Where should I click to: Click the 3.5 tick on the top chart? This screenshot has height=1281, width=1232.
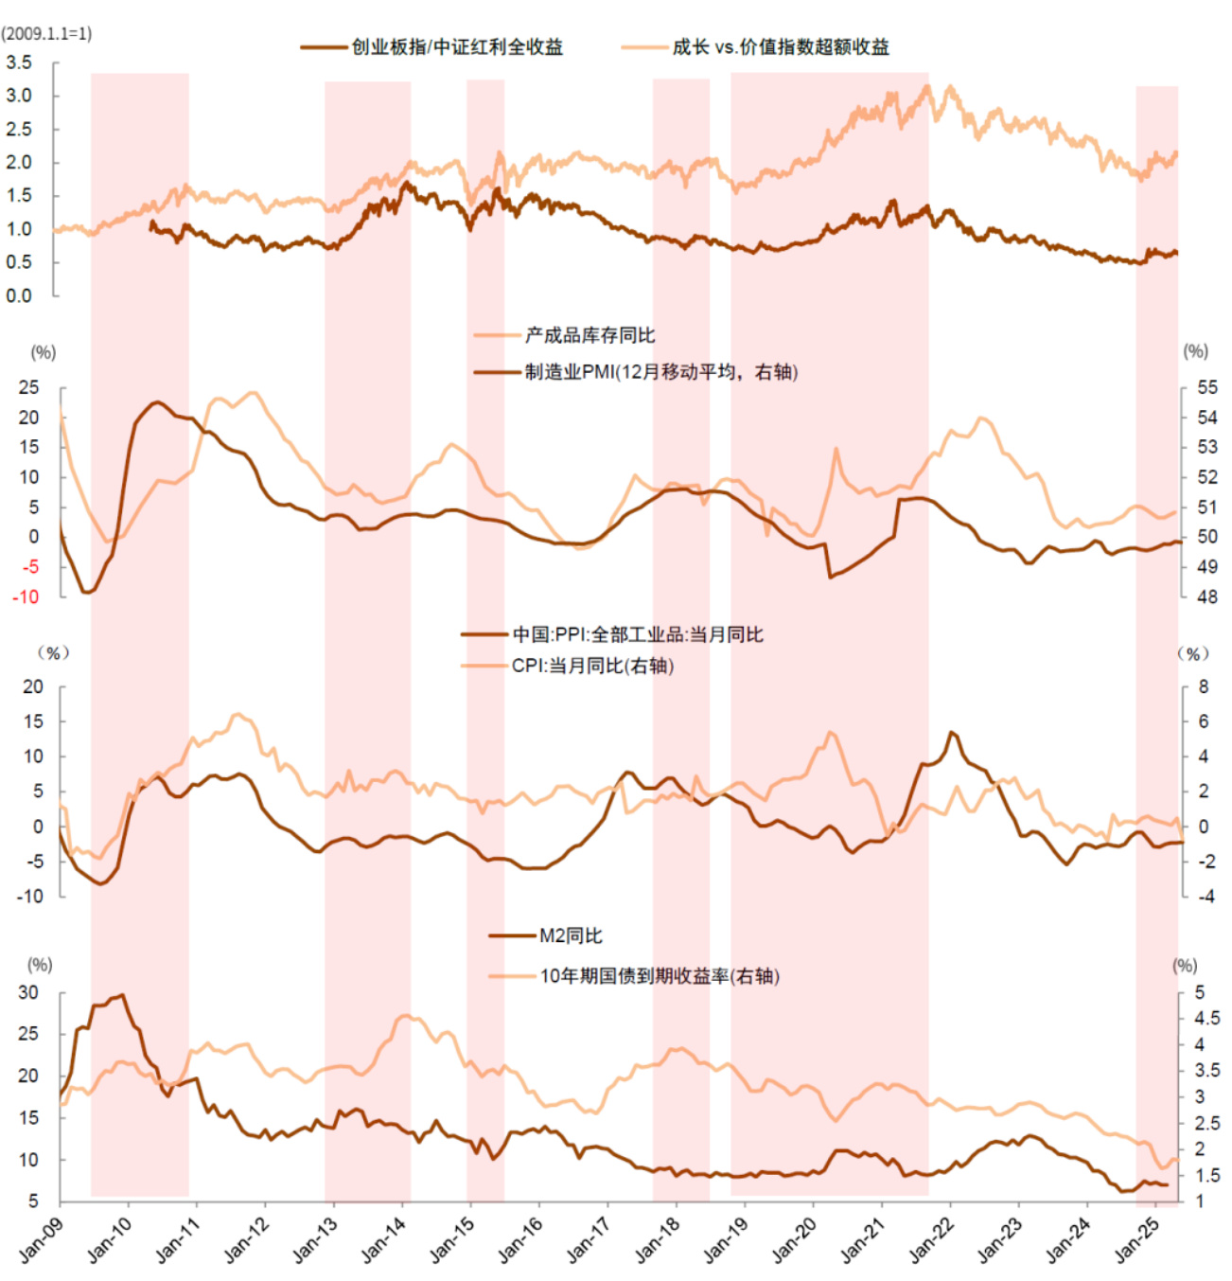tap(19, 62)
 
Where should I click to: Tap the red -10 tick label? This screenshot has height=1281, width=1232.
tap(26, 597)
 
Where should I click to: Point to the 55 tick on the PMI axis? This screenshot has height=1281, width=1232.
tap(1207, 387)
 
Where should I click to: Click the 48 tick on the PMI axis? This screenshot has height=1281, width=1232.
tap(1207, 597)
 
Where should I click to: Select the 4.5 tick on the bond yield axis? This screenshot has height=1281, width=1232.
tap(1206, 1018)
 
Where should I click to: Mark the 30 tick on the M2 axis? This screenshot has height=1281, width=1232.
tap(28, 992)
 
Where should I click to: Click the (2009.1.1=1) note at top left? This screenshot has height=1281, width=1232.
tap(47, 34)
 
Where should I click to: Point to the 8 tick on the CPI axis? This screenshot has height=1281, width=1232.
tap(1204, 686)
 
